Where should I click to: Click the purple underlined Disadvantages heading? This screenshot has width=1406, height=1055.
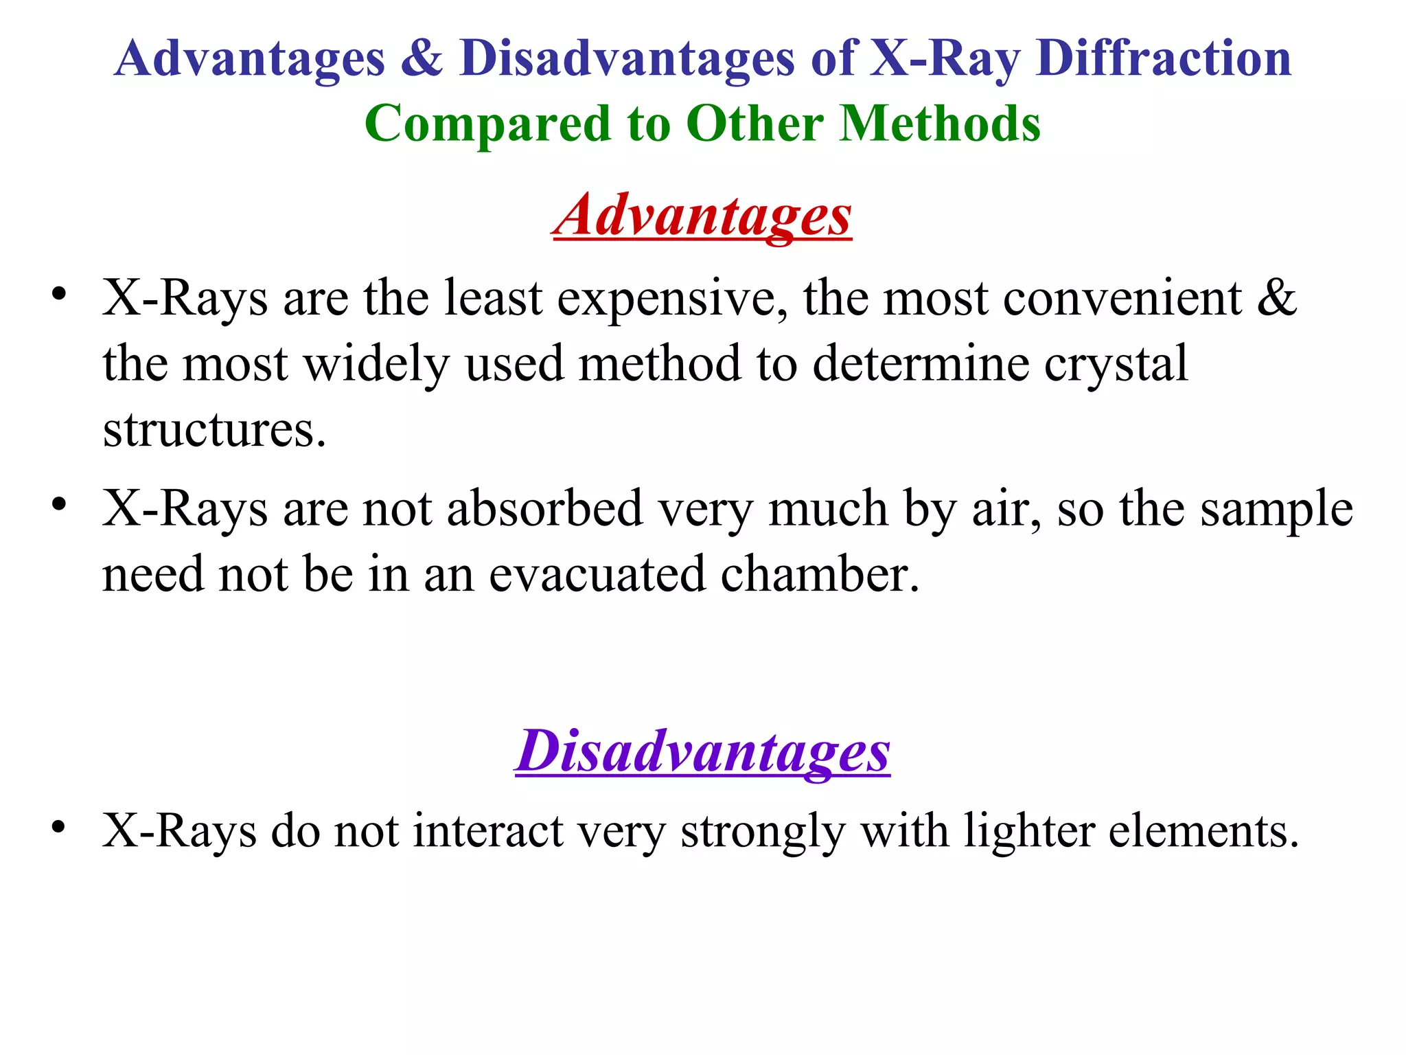point(702,751)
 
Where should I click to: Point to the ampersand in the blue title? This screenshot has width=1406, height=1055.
point(422,58)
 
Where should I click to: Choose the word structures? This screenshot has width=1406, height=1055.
point(214,431)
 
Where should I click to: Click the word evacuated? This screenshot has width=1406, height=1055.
point(597,575)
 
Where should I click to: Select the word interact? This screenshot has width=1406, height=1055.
point(488,831)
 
